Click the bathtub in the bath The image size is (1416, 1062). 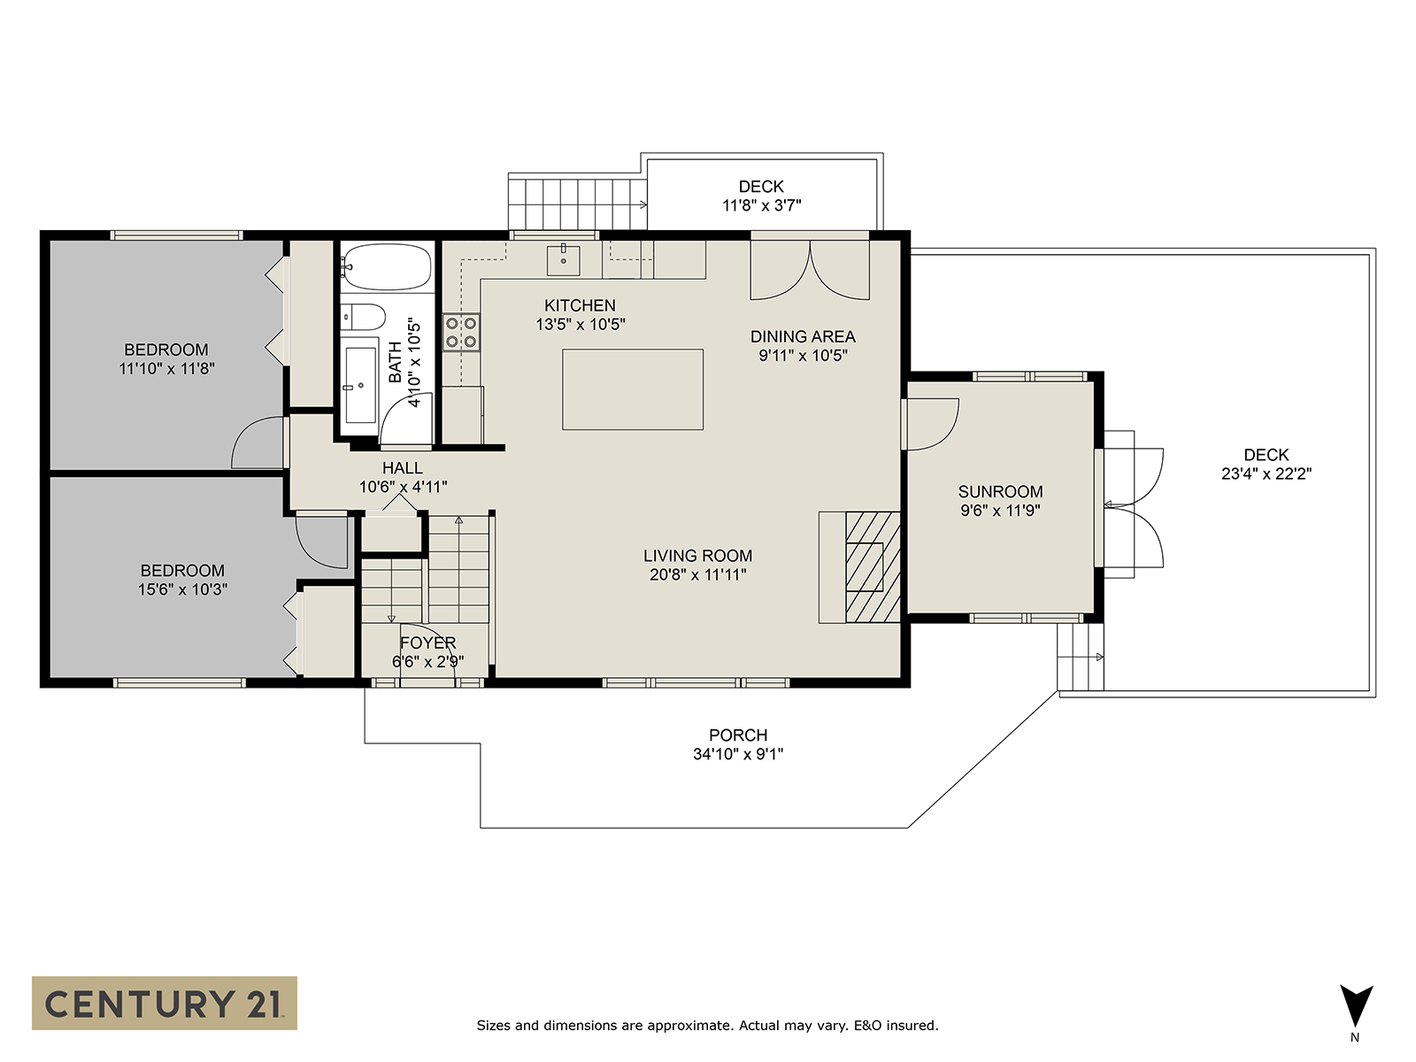(387, 266)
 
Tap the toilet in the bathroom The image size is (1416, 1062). (363, 317)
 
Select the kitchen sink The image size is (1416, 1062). (563, 260)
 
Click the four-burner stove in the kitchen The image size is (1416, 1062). (461, 332)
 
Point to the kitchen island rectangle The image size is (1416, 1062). (633, 389)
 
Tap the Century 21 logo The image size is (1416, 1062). (165, 1003)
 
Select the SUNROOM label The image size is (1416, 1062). (1000, 492)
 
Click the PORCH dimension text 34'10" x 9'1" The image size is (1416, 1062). (738, 754)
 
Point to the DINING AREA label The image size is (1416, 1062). (803, 336)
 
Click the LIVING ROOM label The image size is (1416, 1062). (697, 556)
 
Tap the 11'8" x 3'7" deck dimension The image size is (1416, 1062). (761, 205)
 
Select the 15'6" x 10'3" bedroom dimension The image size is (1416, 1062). (182, 589)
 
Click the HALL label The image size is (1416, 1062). (403, 468)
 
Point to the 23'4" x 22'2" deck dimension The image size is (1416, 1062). (1266, 474)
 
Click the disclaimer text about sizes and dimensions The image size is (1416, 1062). (707, 1025)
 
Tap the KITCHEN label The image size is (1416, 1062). (580, 305)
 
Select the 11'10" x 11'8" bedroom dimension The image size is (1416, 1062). (166, 369)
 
